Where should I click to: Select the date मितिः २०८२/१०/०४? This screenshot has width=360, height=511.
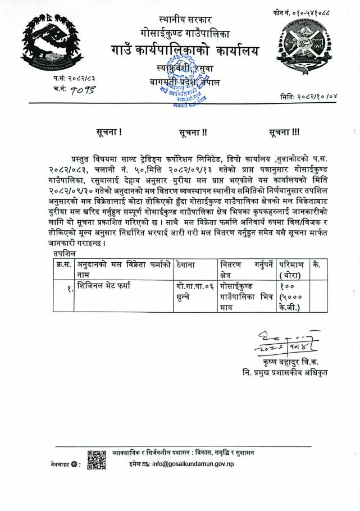[x=310, y=97]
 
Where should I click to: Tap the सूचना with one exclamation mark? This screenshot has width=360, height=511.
[x=109, y=133]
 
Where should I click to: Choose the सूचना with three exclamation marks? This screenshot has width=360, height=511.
[x=285, y=133]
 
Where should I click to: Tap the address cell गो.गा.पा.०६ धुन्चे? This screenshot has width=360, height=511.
[x=194, y=291]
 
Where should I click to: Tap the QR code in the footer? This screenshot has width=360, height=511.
[x=97, y=460]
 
